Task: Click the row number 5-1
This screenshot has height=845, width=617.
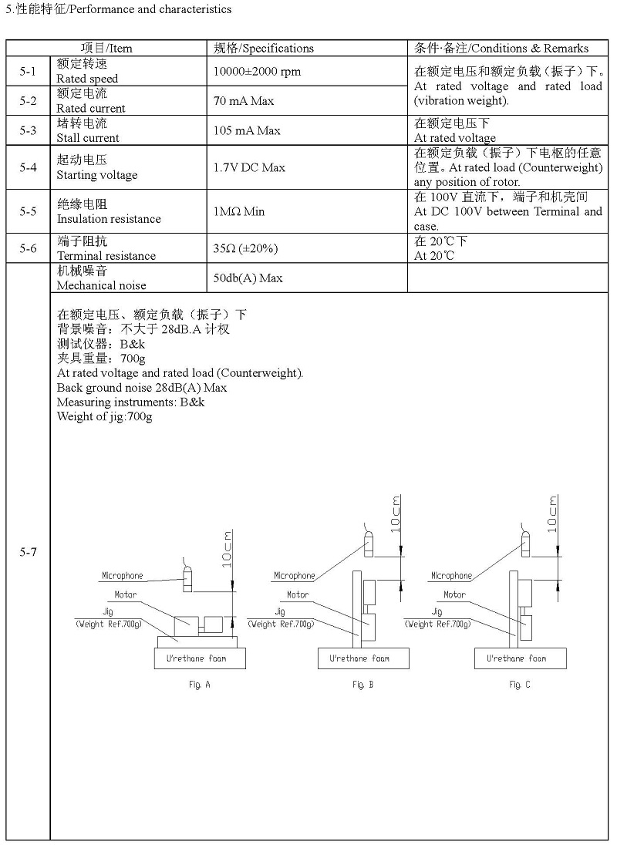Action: (x=28, y=71)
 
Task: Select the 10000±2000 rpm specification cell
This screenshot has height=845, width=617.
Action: (x=257, y=71)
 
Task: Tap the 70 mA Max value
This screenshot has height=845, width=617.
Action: (x=244, y=100)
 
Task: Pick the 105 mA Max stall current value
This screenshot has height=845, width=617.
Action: (x=247, y=130)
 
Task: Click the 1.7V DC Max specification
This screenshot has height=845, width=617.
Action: (x=249, y=167)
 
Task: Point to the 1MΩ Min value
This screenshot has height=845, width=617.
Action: (x=239, y=211)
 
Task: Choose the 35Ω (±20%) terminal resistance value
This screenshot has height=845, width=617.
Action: (x=245, y=248)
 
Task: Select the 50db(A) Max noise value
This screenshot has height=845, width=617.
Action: (x=248, y=278)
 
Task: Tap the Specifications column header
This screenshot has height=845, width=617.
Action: (x=264, y=48)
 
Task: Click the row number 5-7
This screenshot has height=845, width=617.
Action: (x=28, y=552)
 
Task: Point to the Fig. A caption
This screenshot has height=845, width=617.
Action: (x=199, y=685)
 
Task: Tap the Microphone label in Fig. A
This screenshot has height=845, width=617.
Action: (x=123, y=576)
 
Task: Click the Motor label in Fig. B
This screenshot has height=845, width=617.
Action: (x=298, y=595)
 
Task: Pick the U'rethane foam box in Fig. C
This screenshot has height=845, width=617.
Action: (x=520, y=658)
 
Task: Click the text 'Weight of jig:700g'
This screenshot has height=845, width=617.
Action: (x=105, y=417)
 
